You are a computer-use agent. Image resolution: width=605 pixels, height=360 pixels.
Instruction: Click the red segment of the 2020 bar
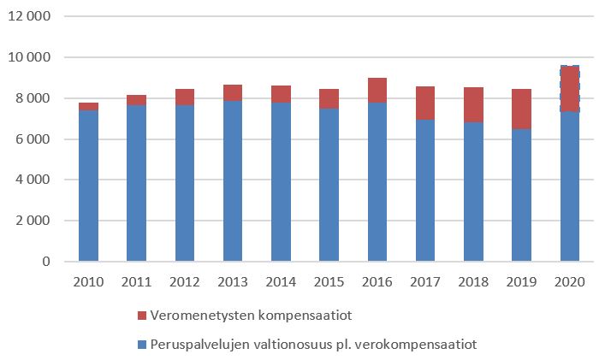coord(570,88)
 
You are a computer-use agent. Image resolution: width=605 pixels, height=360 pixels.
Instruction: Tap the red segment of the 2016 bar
coord(377,90)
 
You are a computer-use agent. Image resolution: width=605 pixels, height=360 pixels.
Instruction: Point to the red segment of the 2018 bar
coord(473,104)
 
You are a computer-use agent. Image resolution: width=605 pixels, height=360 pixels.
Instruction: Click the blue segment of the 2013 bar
coord(233,180)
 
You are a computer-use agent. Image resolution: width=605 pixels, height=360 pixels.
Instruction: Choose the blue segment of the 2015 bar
coord(329,185)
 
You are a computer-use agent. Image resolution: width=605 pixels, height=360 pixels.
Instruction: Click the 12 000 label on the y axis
coord(29,17)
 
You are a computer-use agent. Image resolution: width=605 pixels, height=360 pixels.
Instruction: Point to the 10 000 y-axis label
coord(29,57)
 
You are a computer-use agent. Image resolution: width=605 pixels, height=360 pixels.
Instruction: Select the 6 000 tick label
coord(33,139)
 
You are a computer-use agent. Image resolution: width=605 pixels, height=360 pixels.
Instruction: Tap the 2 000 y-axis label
coord(33,221)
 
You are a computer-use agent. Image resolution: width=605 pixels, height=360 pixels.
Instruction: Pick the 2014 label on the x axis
coord(282,282)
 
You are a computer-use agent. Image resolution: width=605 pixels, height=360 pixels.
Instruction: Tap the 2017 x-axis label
coord(425,282)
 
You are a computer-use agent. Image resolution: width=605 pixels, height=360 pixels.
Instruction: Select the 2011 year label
coord(137,282)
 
